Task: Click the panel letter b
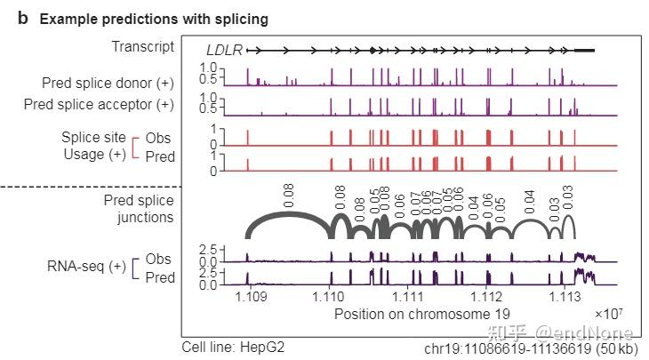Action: tap(23, 18)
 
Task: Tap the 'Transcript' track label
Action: tap(143, 46)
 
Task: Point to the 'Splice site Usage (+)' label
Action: tap(93, 147)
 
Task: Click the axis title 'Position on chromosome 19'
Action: tap(422, 314)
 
